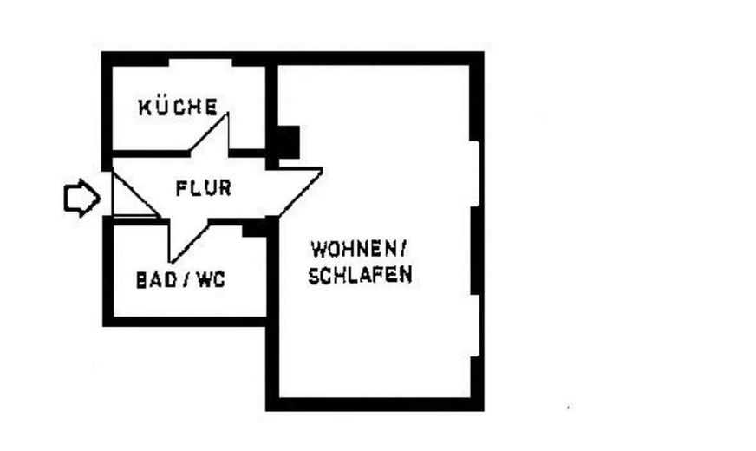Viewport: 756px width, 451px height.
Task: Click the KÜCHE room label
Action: click(178, 107)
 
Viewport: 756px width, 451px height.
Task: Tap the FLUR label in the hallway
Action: click(204, 188)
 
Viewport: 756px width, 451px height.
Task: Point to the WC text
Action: click(212, 280)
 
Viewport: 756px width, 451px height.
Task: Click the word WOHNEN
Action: click(354, 250)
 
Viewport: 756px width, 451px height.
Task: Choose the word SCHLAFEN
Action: click(360, 274)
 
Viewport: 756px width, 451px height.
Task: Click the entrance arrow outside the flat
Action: click(82, 199)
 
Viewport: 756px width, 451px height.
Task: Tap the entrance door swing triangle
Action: click(135, 193)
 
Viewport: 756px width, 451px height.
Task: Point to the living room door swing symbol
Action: click(300, 192)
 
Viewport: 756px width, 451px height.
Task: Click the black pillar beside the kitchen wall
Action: click(289, 142)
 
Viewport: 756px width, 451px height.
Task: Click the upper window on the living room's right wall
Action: click(475, 173)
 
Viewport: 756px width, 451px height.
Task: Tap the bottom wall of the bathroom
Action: click(184, 322)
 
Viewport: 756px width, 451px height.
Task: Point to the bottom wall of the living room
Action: click(375, 404)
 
